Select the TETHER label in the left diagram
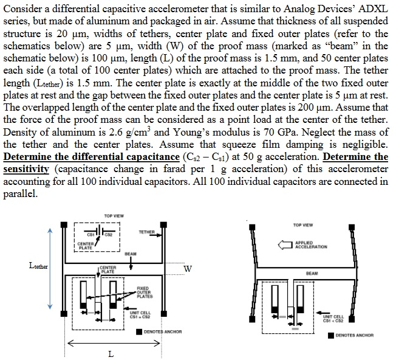click(x=146, y=232)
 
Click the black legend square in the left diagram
click(x=139, y=332)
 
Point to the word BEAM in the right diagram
click(x=312, y=274)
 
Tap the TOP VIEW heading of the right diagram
click(x=302, y=225)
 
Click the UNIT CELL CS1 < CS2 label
click(x=333, y=319)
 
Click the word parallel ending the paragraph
click(x=20, y=194)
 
